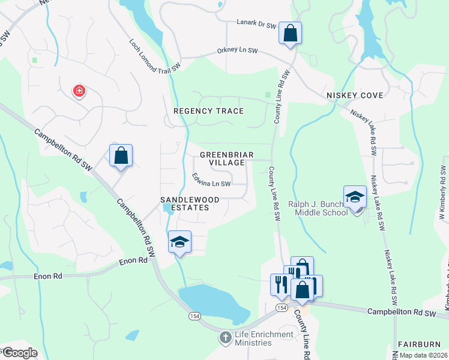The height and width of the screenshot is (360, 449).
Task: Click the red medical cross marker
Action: click(79, 91)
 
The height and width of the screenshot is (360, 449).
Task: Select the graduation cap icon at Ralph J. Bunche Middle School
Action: click(355, 196)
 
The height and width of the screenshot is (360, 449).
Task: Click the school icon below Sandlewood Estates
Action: click(179, 241)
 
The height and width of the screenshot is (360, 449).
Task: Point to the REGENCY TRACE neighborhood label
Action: click(208, 111)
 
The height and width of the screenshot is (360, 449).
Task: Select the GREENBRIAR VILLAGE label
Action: click(222, 158)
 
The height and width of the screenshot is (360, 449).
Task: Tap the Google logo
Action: click(19, 353)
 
